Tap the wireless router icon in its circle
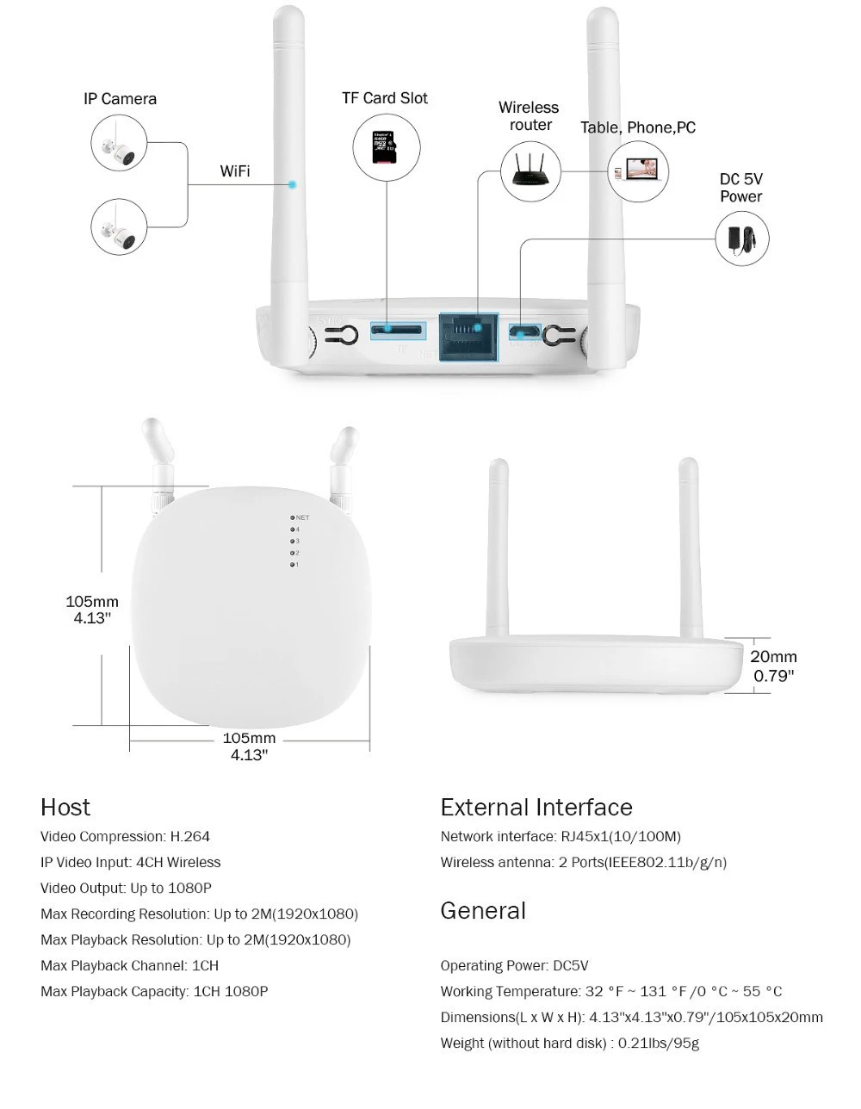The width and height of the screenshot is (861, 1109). point(530,172)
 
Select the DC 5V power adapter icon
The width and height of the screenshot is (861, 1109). point(742,239)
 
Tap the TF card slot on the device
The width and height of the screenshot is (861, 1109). point(397,329)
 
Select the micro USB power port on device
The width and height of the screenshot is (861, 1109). point(523,331)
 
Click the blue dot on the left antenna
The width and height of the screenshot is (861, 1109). point(293,184)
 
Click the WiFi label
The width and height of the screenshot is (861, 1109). point(235,171)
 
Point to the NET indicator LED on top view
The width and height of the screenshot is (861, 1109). point(293,517)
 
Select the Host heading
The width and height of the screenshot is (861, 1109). point(65,807)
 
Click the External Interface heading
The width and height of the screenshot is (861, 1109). point(536,807)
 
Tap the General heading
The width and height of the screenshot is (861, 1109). point(482,910)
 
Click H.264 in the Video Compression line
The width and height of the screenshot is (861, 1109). point(190,836)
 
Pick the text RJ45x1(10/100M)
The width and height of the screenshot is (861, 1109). point(620,836)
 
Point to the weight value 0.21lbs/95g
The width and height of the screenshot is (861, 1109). point(659,1043)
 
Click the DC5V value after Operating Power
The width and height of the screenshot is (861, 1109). point(571,965)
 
